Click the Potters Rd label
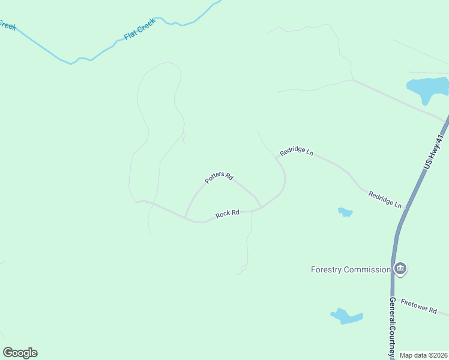point(218,176)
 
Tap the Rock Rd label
point(228,213)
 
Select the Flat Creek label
point(139,29)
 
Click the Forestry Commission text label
point(351,269)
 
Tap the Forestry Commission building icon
point(400,268)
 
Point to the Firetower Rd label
point(419,306)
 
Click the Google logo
point(20,353)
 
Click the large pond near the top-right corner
point(427,86)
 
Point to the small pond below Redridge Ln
point(345,212)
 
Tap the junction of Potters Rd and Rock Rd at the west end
point(185,217)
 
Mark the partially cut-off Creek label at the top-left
point(7,25)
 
